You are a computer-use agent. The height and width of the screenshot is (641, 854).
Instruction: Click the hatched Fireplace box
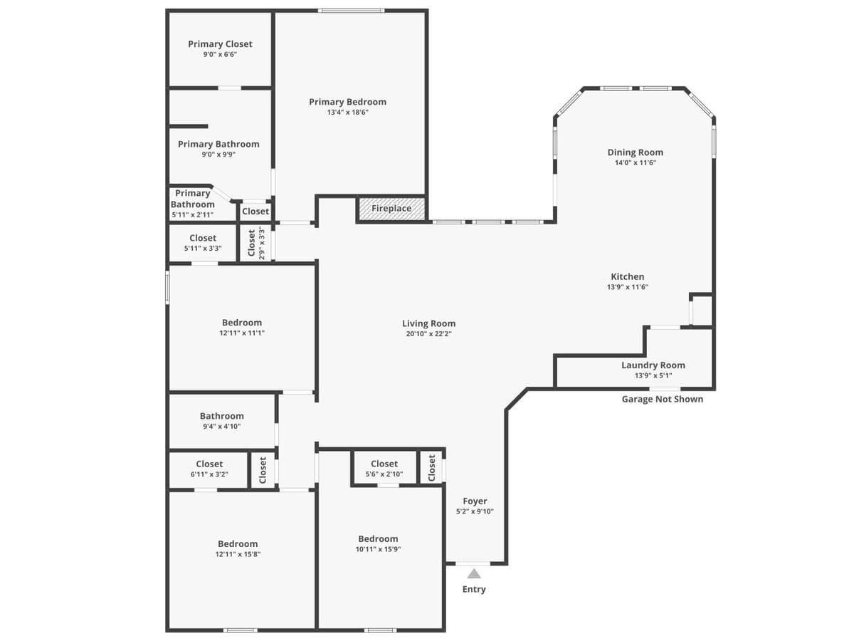click(391, 209)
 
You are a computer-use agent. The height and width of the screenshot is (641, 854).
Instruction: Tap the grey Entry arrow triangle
click(474, 573)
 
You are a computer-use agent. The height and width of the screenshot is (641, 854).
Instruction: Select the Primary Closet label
click(220, 44)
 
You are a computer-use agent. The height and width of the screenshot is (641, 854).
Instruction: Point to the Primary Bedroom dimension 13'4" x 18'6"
click(347, 112)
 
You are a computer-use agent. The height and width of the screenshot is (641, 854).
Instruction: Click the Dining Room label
click(635, 152)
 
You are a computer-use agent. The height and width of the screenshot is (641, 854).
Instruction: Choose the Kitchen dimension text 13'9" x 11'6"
click(627, 287)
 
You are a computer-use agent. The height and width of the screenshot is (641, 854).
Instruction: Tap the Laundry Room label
click(653, 365)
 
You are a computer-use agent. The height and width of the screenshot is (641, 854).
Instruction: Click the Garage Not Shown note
click(662, 399)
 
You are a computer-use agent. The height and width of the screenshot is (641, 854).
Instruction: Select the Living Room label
click(428, 323)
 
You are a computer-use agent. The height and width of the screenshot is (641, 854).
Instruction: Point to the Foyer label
click(475, 501)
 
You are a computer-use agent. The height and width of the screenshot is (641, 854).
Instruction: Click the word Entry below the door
click(474, 589)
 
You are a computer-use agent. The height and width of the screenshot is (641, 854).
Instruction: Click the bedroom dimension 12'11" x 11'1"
click(241, 333)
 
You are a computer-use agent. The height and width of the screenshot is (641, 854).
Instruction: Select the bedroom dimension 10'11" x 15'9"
click(378, 548)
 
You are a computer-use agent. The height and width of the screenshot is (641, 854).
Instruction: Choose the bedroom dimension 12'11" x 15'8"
click(237, 554)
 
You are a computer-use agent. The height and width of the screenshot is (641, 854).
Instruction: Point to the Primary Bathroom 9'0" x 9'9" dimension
click(218, 154)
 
